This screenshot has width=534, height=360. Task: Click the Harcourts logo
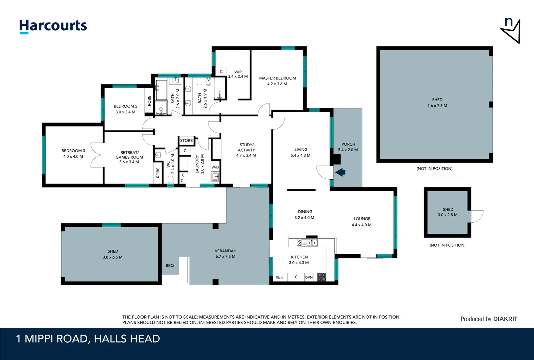(x=53, y=26)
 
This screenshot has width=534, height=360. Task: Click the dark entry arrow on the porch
(x=340, y=172)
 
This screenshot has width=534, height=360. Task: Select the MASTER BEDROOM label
(x=277, y=78)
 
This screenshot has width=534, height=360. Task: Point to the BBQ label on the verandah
(x=170, y=266)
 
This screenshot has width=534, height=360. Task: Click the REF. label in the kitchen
(x=279, y=277)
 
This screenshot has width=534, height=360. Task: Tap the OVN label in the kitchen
(x=309, y=277)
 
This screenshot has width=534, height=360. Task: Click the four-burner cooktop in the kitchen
(x=321, y=277)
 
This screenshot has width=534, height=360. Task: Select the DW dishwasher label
(x=300, y=243)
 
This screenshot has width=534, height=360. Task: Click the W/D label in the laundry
(x=215, y=167)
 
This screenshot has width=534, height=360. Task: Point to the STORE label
(x=187, y=141)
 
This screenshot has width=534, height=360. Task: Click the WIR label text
(x=238, y=72)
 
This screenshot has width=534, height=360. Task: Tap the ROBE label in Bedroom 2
(x=150, y=101)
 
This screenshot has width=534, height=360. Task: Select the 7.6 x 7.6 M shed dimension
(x=437, y=105)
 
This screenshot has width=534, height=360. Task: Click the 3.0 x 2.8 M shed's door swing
(x=477, y=216)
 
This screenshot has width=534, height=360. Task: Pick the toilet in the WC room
(x=171, y=179)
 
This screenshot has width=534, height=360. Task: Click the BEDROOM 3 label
(x=73, y=151)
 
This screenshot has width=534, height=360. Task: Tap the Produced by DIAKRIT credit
(x=489, y=319)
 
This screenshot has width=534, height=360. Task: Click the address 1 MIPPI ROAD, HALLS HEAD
(x=88, y=339)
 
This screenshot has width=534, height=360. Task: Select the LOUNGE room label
(x=362, y=219)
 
